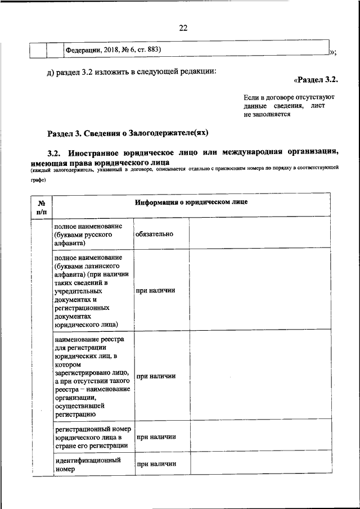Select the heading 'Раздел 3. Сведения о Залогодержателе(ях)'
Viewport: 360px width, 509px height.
(x=128, y=133)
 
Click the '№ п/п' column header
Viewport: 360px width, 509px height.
(x=41, y=207)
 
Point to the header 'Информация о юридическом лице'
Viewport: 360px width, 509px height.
(x=190, y=202)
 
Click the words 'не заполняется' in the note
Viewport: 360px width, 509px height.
(x=267, y=114)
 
